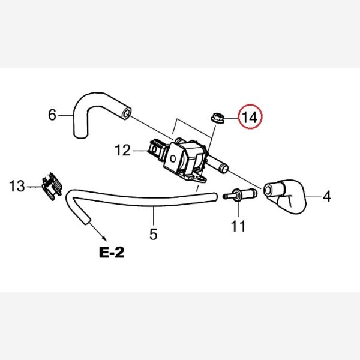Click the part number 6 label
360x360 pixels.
tap(52, 115)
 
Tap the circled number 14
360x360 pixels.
tap(250, 118)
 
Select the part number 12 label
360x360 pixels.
tap(123, 151)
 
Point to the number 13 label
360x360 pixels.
tap(17, 186)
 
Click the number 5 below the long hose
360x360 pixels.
tap(154, 234)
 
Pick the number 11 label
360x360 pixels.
tap(238, 226)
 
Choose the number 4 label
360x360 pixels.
tap(327, 197)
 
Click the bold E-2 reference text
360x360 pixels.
tap(112, 253)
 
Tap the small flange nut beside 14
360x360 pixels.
tap(217, 118)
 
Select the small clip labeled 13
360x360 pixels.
tap(52, 187)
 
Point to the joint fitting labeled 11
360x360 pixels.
tap(240, 194)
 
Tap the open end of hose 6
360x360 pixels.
tap(127, 113)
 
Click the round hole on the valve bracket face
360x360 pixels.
tap(173, 158)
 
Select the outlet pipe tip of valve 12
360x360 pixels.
tap(224, 167)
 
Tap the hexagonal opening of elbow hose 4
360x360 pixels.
tap(268, 190)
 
